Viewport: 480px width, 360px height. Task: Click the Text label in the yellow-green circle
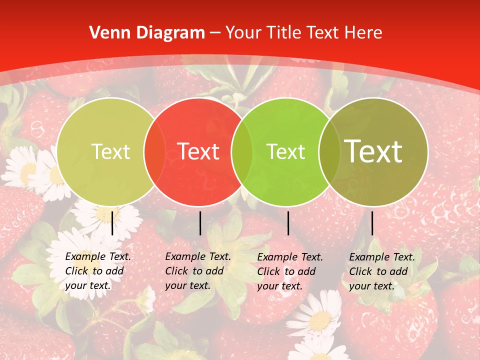[x=110, y=151]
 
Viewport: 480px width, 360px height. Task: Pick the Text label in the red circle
[x=198, y=151]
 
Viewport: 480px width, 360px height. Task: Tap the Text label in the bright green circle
[x=285, y=151]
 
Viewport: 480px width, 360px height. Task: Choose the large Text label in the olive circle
[x=373, y=151]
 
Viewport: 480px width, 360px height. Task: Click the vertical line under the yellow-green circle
[x=112, y=223]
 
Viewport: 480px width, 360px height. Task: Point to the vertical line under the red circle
[x=200, y=223]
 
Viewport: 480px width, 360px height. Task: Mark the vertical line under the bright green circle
[x=288, y=223]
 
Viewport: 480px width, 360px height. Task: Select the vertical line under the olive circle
[x=372, y=223]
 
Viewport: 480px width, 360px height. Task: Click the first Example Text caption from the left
[x=97, y=271]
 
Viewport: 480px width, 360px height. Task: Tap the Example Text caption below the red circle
[x=197, y=271]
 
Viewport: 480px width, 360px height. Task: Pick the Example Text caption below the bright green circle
[x=289, y=271]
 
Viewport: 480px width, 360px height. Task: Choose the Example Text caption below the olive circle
[x=381, y=271]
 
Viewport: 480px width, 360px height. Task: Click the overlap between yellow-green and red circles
[x=154, y=151]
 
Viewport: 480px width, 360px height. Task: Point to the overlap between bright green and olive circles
[x=328, y=151]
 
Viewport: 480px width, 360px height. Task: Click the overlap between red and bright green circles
[x=242, y=151]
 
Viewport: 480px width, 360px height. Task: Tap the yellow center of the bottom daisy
[x=320, y=320]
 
